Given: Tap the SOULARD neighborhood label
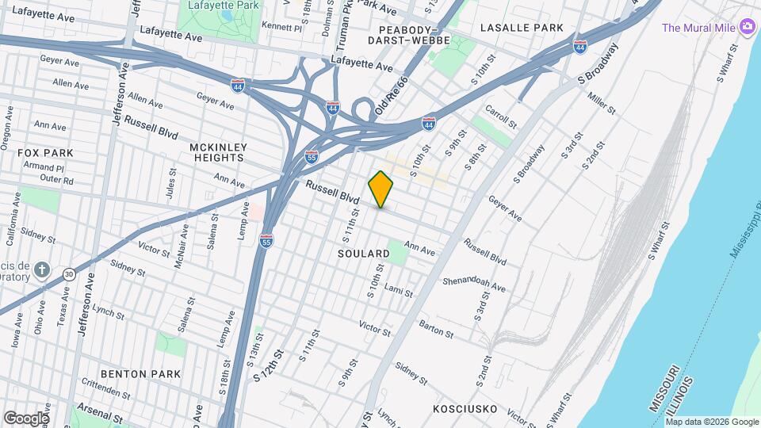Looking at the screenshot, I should pos(364,254).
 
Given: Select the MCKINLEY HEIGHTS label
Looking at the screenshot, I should pos(219,153).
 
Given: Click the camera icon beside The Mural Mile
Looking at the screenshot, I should pos(747,28).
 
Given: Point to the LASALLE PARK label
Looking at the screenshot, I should pos(522,28).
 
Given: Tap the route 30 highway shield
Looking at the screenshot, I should pos(70,273).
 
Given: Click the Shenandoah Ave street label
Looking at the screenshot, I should pos(474,284).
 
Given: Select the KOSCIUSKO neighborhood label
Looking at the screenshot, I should pos(465,409).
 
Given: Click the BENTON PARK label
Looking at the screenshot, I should pos(140,373).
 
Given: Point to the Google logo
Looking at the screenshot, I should pos(25,418).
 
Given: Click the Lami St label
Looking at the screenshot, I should pos(399,292).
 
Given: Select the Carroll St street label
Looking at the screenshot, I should pos(501,117).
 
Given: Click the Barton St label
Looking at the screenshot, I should pos(435,327).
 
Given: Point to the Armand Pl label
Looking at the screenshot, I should pos(43,168).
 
